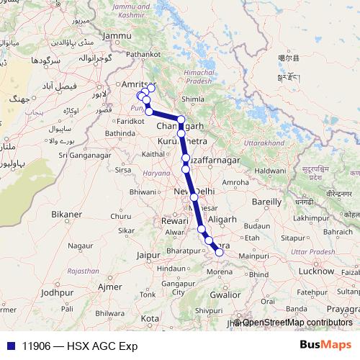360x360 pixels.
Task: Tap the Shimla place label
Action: click(x=192, y=100)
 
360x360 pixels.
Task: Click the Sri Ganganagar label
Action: click(x=86, y=153)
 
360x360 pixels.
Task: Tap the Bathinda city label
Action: click(x=120, y=133)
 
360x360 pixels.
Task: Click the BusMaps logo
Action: click(x=326, y=345)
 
